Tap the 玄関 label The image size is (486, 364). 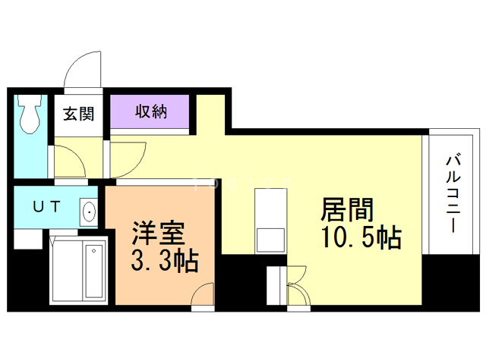point(78,115)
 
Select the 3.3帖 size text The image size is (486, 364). point(164,261)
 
